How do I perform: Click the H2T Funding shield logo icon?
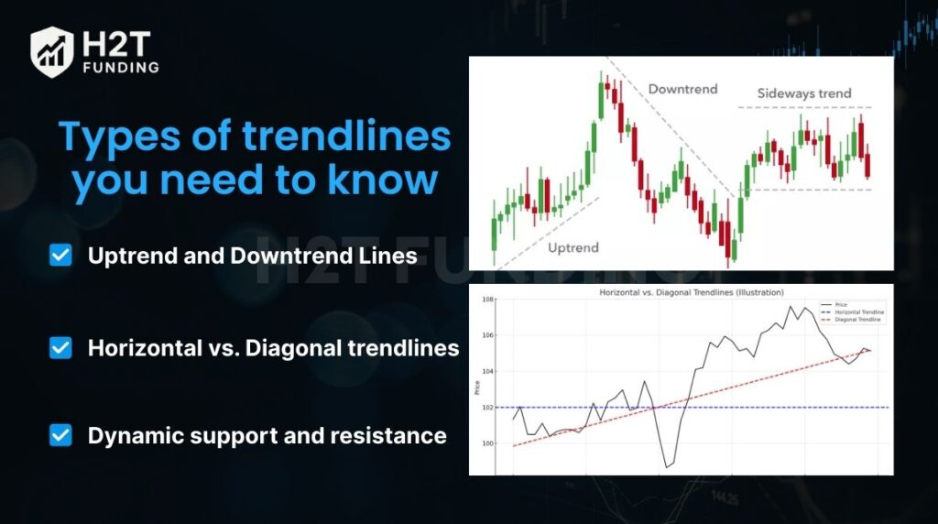coord(51,50)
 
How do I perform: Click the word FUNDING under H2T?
coord(120,67)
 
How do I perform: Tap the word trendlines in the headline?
coord(347,137)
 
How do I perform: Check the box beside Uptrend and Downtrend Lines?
coord(60,256)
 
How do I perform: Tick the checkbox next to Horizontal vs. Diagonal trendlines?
coord(60,347)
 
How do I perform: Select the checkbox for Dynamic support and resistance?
coord(60,434)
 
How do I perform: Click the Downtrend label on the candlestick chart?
coord(682,89)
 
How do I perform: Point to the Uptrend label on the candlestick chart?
coord(573,247)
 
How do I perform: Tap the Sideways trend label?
coord(803,93)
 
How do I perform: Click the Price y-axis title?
coord(474,388)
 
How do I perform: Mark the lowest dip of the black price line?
coord(666,467)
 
